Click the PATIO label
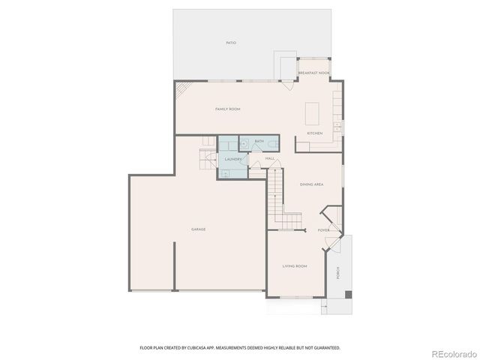click(x=231, y=43)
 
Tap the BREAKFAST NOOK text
click(x=313, y=73)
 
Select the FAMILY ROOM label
click(x=227, y=109)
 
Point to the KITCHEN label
click(x=315, y=133)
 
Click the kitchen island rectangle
click(x=313, y=114)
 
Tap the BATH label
click(x=259, y=141)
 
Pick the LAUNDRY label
click(x=232, y=160)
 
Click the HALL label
click(x=269, y=159)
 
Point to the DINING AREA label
click(x=311, y=184)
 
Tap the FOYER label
click(x=324, y=230)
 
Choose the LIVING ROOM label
click(x=295, y=266)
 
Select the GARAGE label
click(x=198, y=229)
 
